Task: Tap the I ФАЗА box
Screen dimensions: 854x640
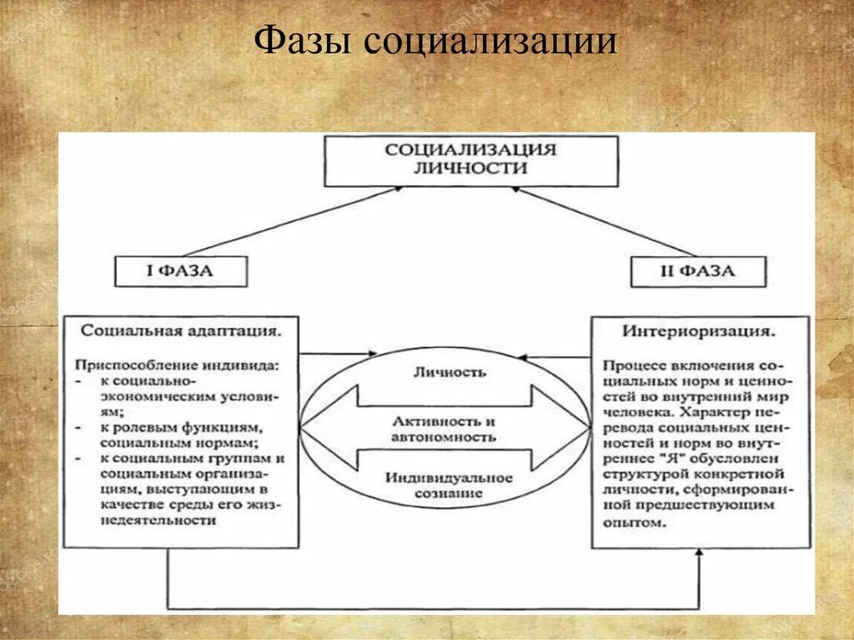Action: tap(181, 271)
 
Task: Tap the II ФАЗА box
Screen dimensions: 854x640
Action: tap(697, 271)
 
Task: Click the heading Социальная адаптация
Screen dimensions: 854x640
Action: tap(180, 330)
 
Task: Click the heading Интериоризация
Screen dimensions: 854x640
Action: tap(700, 330)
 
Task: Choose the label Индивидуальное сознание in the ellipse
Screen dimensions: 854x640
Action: tap(449, 485)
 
